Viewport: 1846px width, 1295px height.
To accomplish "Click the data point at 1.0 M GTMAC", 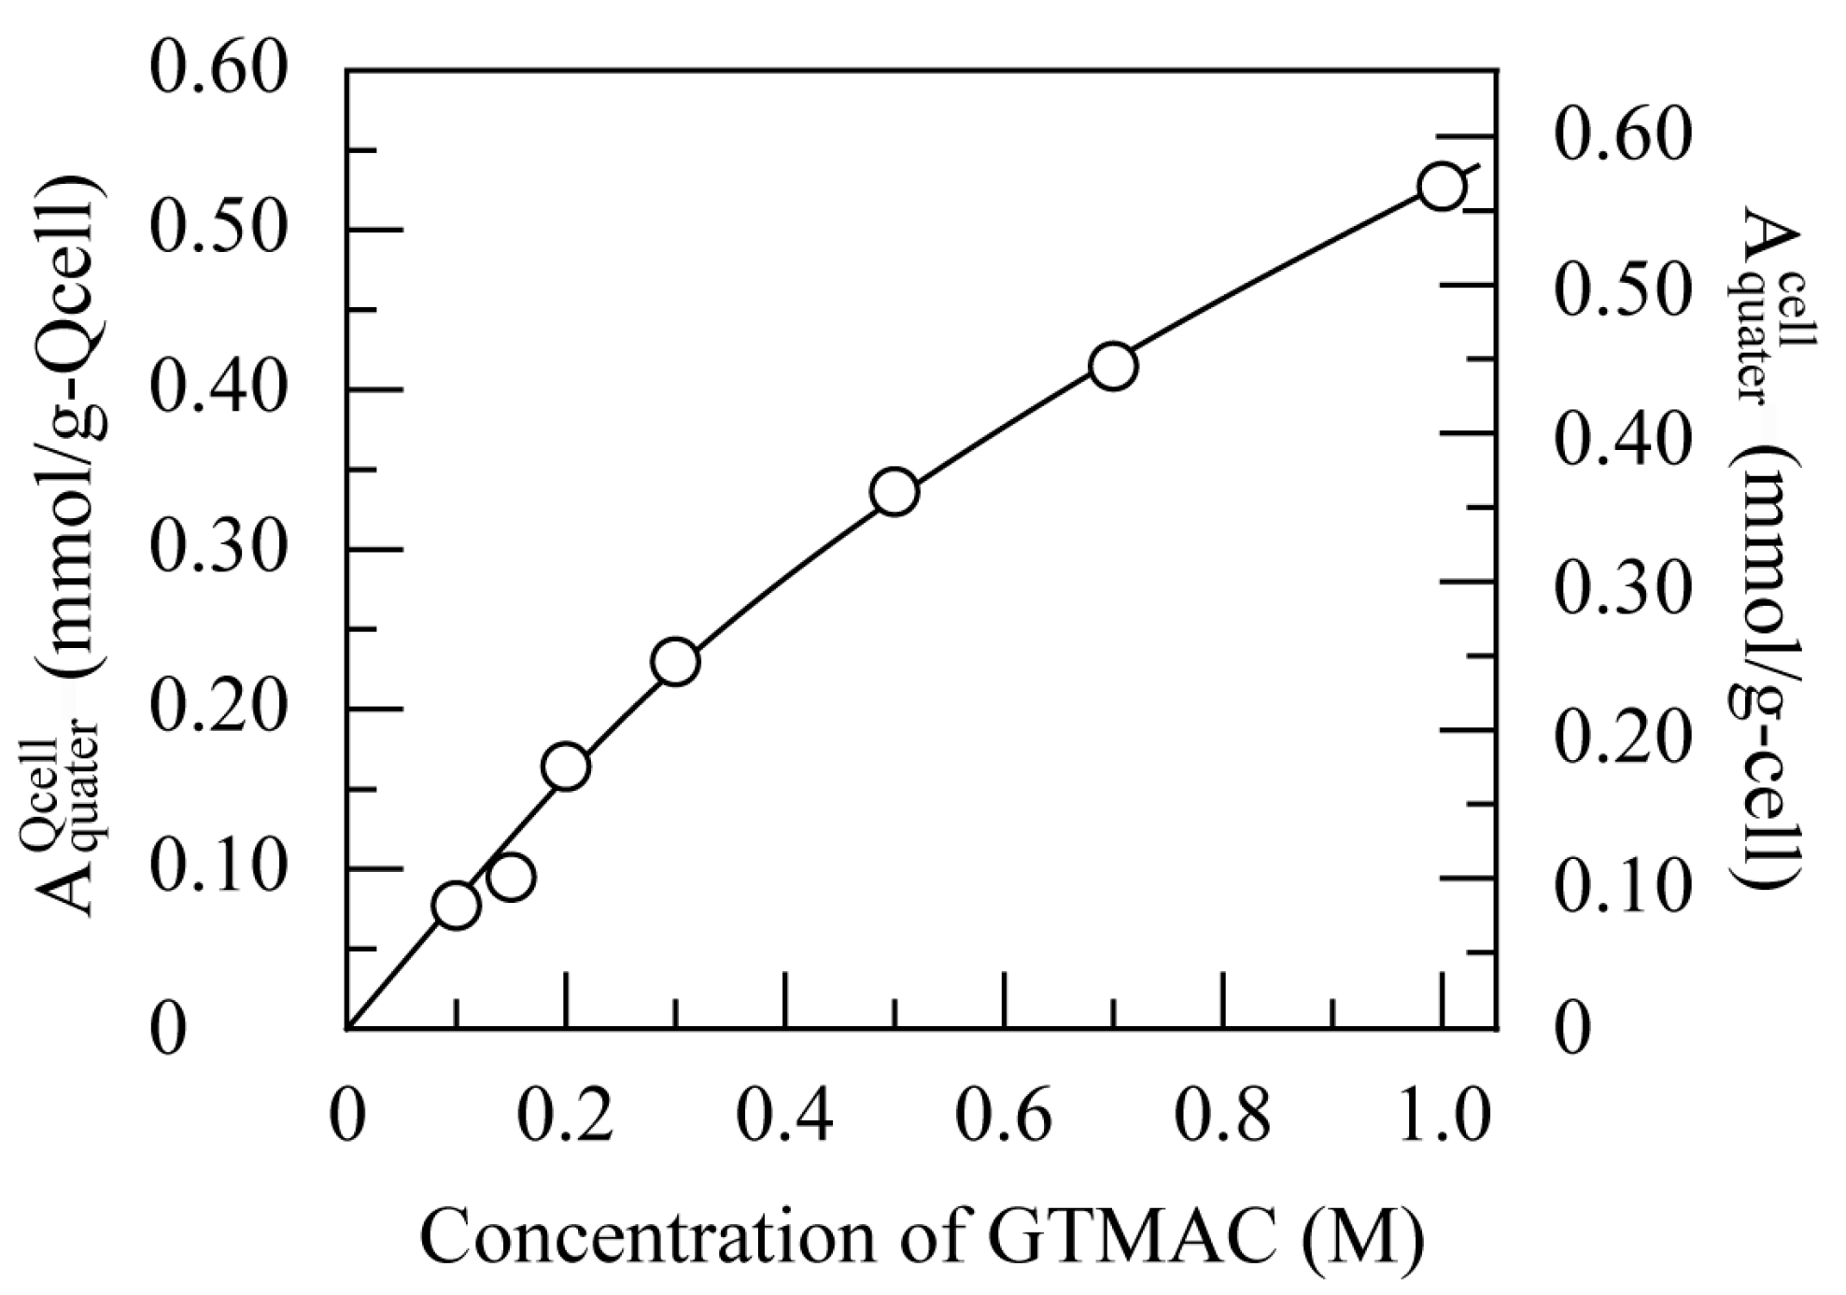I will [1441, 187].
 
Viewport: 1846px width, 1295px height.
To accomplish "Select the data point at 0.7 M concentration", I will [1112, 366].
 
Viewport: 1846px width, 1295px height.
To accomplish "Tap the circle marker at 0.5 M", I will [894, 492].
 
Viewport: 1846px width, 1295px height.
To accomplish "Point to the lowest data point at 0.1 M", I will [456, 906].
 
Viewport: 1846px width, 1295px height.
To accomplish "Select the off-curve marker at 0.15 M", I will [511, 877].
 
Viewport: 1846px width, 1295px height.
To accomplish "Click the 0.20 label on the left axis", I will [216, 709].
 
